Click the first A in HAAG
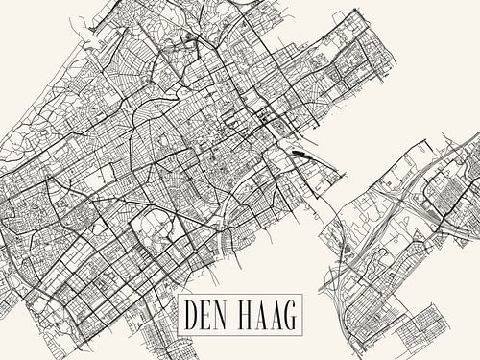coord(260,315)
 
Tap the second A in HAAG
coord(274,315)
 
